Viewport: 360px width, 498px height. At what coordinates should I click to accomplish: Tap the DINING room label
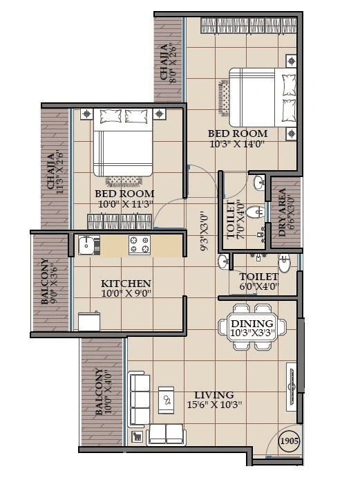(252, 323)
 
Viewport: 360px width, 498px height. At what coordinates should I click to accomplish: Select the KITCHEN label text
(126, 284)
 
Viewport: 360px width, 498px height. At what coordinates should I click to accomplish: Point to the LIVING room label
(214, 394)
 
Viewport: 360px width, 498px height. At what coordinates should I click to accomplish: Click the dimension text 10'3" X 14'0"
(237, 144)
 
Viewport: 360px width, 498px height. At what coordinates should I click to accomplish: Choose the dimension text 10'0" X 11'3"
(124, 204)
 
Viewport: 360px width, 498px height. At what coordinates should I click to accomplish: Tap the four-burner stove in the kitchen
(140, 244)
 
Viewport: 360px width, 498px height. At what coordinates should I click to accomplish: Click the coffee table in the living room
(168, 399)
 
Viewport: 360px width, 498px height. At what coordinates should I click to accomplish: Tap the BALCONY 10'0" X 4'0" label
(102, 391)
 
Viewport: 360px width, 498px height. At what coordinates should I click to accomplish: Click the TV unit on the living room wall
(293, 387)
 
